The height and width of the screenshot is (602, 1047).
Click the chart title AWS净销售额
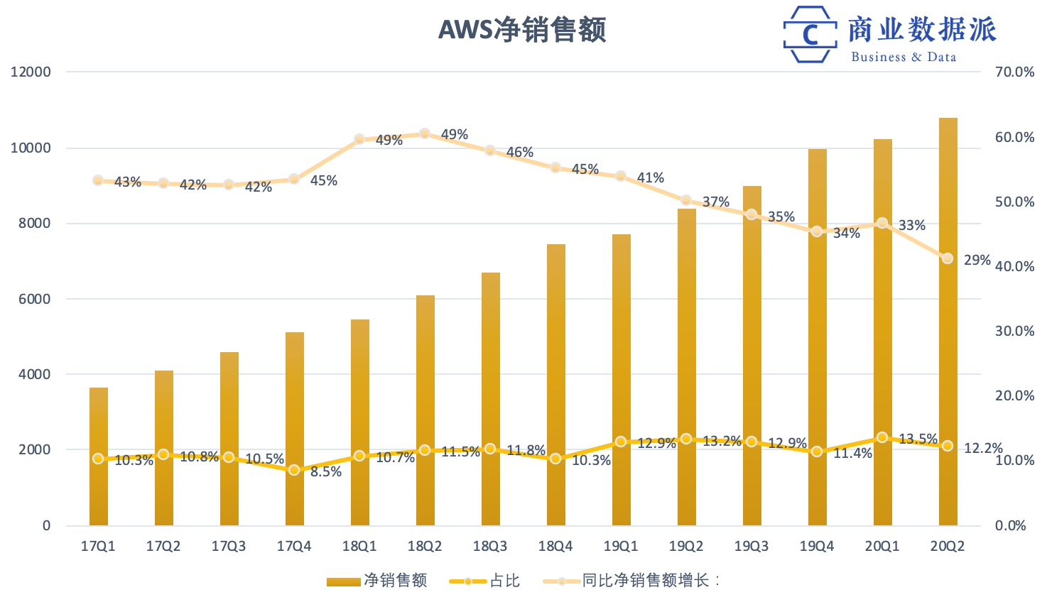point(522,30)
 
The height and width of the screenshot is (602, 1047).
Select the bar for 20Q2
point(948,319)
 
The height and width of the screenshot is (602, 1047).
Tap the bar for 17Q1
point(99,490)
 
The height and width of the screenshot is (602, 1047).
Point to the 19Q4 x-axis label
point(817,546)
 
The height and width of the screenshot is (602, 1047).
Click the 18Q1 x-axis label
point(359,546)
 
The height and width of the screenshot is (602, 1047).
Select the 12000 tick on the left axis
point(31,72)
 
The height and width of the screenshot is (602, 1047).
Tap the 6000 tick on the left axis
point(35,299)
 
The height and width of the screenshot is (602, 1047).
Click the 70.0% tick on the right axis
point(1014,72)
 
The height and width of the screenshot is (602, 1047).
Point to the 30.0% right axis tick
point(1014,331)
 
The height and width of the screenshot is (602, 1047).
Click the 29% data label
point(977,260)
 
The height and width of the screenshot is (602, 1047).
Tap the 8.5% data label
point(326,471)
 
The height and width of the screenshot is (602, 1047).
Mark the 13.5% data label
point(918,439)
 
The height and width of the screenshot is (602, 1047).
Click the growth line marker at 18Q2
point(425,133)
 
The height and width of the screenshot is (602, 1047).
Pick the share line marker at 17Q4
point(294,470)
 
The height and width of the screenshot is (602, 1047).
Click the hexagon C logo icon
point(810,34)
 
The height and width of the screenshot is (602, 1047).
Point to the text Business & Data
point(904,57)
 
